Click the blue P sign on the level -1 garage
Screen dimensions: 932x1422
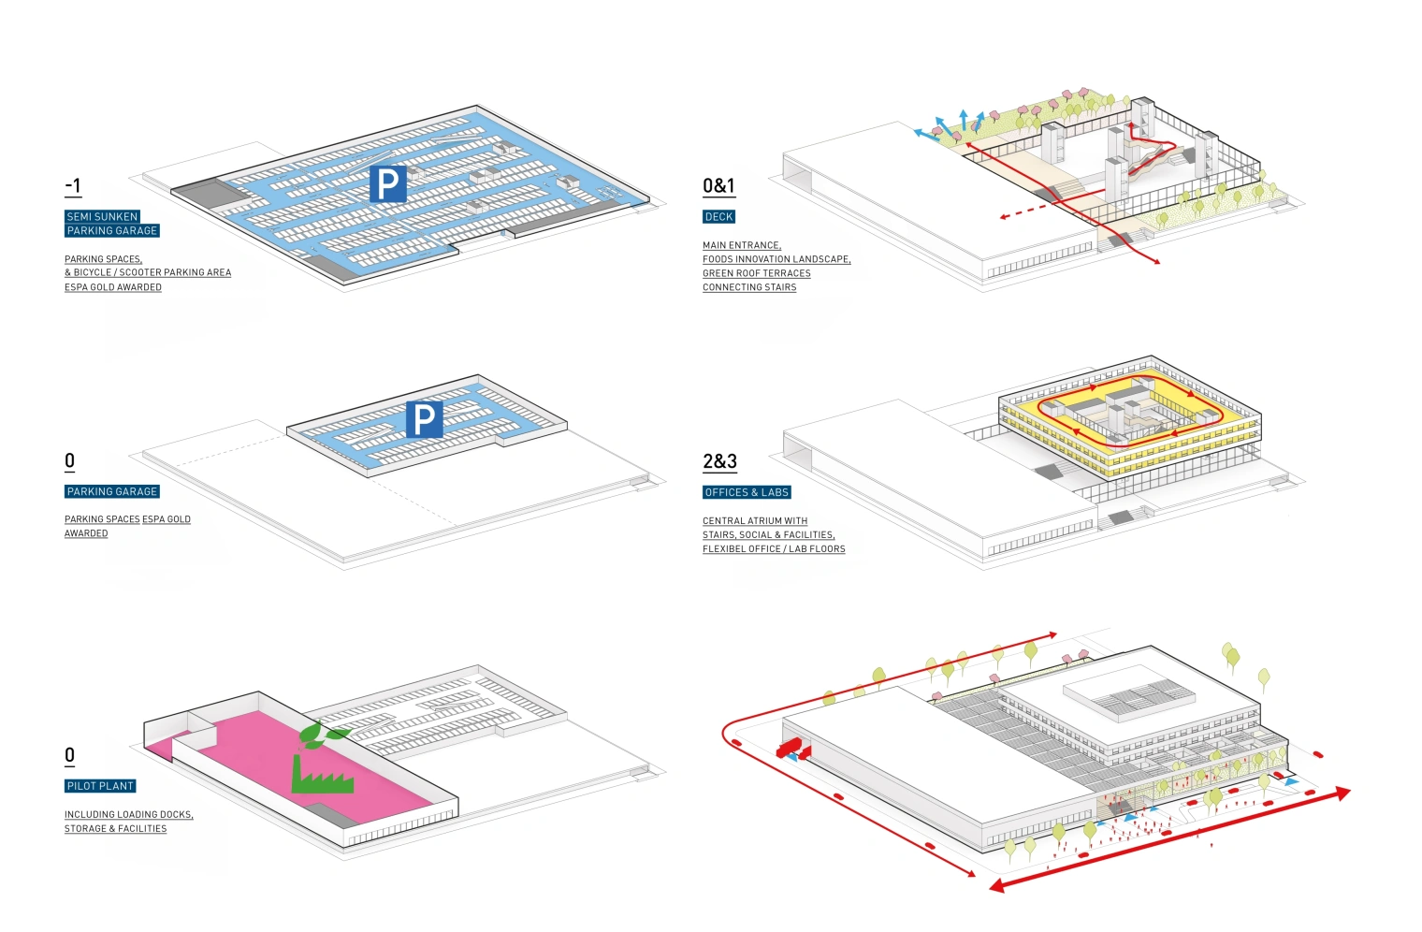pos(388,183)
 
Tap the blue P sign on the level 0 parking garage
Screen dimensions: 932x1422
pos(424,419)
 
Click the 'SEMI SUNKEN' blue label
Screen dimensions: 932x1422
pos(102,216)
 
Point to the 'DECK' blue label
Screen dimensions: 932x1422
pos(718,216)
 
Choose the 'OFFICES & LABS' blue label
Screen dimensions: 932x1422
pos(747,492)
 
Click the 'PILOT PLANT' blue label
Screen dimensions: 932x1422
pos(100,786)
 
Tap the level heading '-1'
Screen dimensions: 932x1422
pos(73,185)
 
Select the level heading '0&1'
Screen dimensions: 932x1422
pos(718,185)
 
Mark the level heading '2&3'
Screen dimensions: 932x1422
pos(719,461)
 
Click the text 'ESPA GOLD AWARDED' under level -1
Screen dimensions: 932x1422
pos(112,287)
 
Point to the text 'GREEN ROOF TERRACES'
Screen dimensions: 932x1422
pos(756,273)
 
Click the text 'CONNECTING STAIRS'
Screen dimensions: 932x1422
pos(749,287)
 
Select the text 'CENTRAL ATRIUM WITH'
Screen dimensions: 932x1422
pos(754,520)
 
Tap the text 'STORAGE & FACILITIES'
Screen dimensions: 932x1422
pos(115,828)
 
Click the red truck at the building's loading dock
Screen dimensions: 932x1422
pos(792,749)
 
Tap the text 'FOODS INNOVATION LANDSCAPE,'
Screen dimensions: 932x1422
pos(776,259)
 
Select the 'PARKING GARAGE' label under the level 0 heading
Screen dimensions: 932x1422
pos(112,491)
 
